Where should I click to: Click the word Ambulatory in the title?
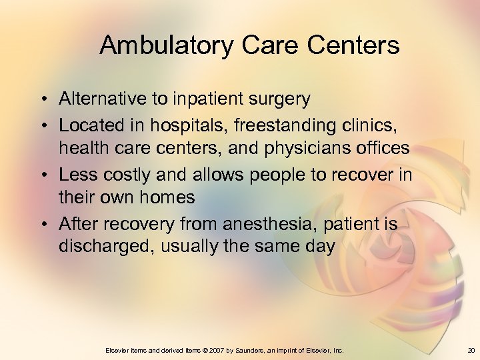tap(167, 46)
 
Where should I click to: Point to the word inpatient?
tap(203, 100)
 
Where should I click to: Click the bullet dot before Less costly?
tap(42, 175)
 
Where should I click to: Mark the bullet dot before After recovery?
tap(42, 224)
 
